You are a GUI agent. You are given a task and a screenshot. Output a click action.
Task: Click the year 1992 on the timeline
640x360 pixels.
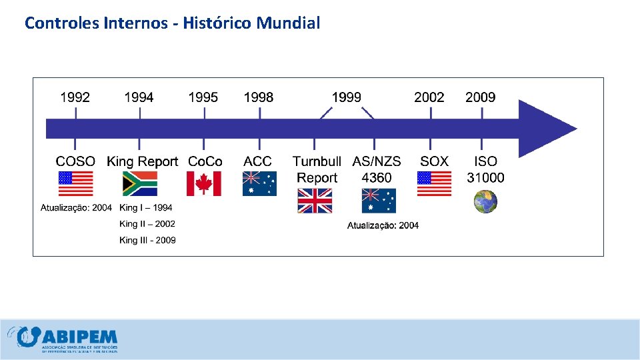pos(75,97)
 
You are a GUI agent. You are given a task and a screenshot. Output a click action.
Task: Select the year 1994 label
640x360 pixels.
pos(139,97)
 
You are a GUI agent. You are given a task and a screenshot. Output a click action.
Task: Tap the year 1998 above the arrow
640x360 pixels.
pos(259,97)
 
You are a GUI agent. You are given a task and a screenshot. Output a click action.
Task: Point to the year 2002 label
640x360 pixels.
pos(429,97)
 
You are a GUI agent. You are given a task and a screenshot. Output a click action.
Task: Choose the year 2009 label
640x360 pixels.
pos(481,97)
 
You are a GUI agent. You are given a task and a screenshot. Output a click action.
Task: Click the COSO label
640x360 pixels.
pos(75,161)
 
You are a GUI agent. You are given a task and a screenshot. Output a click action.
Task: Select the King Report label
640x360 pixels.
pos(143,161)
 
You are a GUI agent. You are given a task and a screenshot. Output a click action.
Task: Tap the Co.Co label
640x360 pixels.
pos(205,161)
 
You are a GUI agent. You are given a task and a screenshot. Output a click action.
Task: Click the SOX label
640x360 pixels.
pos(434,161)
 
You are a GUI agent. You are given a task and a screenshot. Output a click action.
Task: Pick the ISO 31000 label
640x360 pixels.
pos(485,169)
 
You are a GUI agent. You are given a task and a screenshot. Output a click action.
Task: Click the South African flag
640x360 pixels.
pos(140,183)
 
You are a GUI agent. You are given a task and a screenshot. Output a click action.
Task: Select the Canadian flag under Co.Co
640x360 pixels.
pos(203,183)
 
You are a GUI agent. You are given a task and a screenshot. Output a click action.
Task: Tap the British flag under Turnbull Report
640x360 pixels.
pos(315,201)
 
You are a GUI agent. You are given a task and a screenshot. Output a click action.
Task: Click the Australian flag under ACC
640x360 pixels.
pos(259,183)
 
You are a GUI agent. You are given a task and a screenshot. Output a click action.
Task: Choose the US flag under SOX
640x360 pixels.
pos(434,183)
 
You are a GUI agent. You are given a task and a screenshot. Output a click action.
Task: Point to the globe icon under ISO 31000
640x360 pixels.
pos(485,201)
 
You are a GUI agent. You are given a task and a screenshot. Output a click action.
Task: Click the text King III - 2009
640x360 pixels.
pos(147,240)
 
